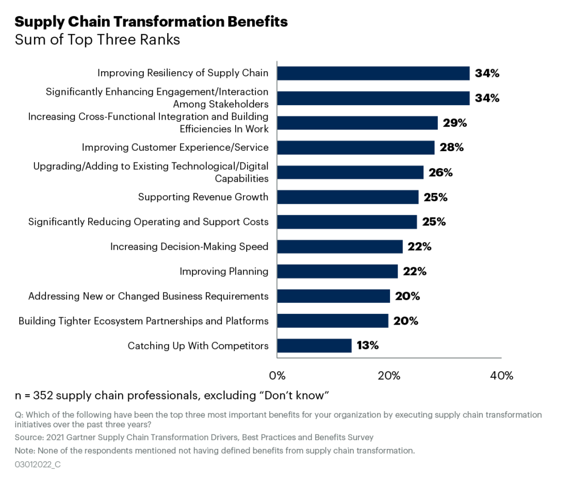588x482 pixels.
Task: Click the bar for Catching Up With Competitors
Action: (314, 345)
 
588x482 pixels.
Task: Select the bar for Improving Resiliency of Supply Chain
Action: (373, 73)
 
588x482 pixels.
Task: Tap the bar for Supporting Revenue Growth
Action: (348, 197)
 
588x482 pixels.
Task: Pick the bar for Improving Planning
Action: (337, 271)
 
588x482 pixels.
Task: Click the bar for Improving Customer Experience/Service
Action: (355, 148)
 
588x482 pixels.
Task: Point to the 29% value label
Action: (454, 123)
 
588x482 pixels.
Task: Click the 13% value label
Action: (367, 345)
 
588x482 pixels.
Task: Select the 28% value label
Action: (451, 148)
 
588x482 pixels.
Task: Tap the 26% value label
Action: (440, 172)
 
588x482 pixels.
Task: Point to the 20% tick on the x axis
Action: (389, 376)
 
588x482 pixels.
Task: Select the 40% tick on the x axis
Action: (501, 376)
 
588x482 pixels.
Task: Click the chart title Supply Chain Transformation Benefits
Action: (151, 22)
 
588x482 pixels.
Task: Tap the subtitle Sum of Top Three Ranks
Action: (97, 40)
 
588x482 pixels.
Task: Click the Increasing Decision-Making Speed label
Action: (189, 247)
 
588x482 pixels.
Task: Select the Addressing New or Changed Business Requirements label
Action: (149, 296)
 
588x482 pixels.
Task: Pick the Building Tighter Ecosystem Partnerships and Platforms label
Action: (143, 321)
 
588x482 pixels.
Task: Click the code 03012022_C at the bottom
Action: (38, 464)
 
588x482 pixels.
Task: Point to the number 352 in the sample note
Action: (43, 396)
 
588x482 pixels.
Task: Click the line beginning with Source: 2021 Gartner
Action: (194, 437)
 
